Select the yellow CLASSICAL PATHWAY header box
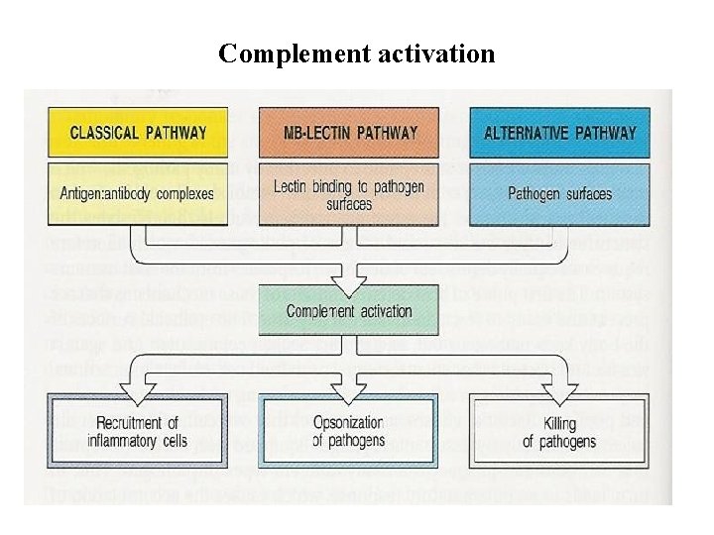(x=139, y=132)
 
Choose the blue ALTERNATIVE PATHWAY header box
(x=560, y=132)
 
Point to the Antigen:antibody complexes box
(x=139, y=193)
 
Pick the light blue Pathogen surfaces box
(x=560, y=194)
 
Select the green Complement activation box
(x=348, y=311)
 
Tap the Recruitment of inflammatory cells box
(x=137, y=432)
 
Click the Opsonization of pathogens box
(x=348, y=432)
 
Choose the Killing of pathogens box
(x=559, y=432)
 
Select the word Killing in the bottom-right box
(x=559, y=423)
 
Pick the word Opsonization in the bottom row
(x=348, y=423)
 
